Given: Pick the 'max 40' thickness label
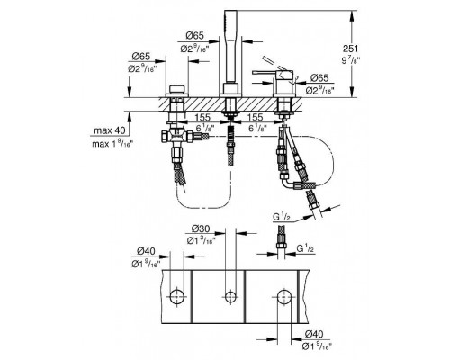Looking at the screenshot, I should click(109, 131).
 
